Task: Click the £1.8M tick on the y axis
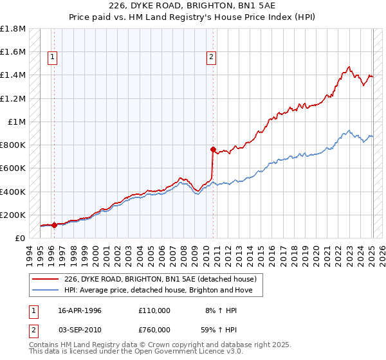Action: pos(13,29)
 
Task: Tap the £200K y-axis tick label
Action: pos(13,215)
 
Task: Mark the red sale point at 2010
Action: pos(212,149)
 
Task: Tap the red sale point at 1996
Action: pos(54,225)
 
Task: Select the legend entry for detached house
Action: pos(160,279)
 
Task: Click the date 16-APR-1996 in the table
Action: pos(80,310)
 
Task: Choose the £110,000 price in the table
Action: pos(154,310)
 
